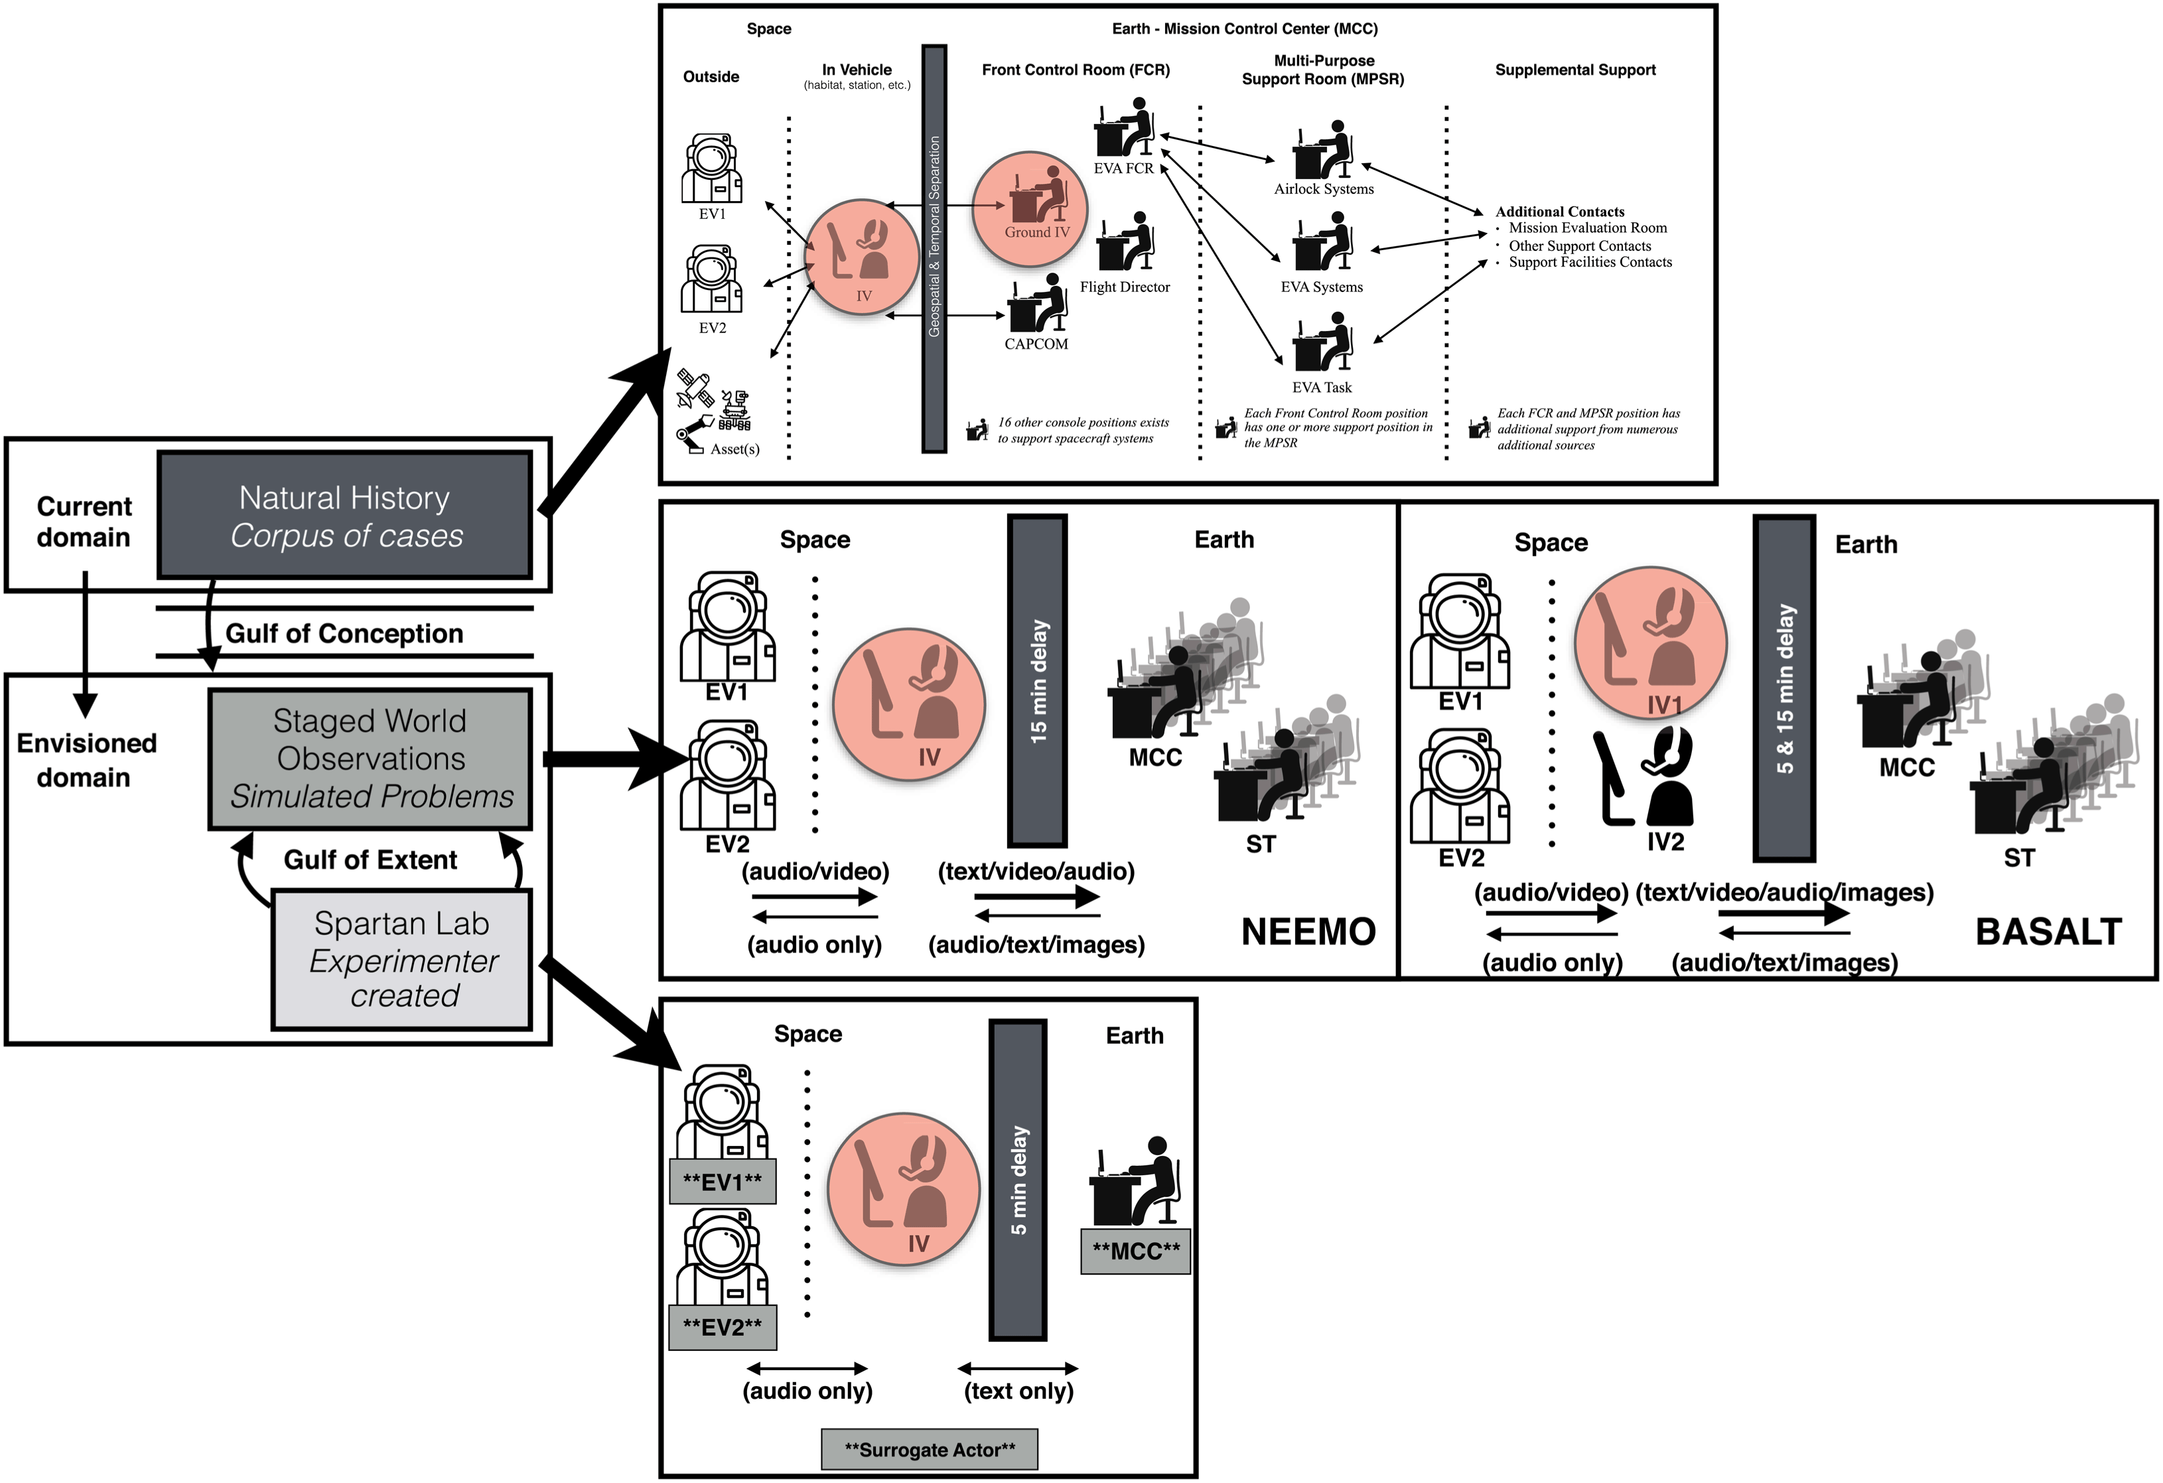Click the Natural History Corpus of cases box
344,516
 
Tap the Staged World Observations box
370,758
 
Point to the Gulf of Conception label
344,634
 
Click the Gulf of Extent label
370,859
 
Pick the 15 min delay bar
1037,681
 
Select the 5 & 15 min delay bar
1783,688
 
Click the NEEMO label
1308,932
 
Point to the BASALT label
2048,932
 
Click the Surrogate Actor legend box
929,1449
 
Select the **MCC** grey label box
1135,1251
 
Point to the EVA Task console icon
1322,342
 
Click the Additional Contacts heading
1559,211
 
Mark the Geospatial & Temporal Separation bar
934,249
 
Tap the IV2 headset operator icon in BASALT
1645,778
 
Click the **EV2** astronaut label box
723,1326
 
